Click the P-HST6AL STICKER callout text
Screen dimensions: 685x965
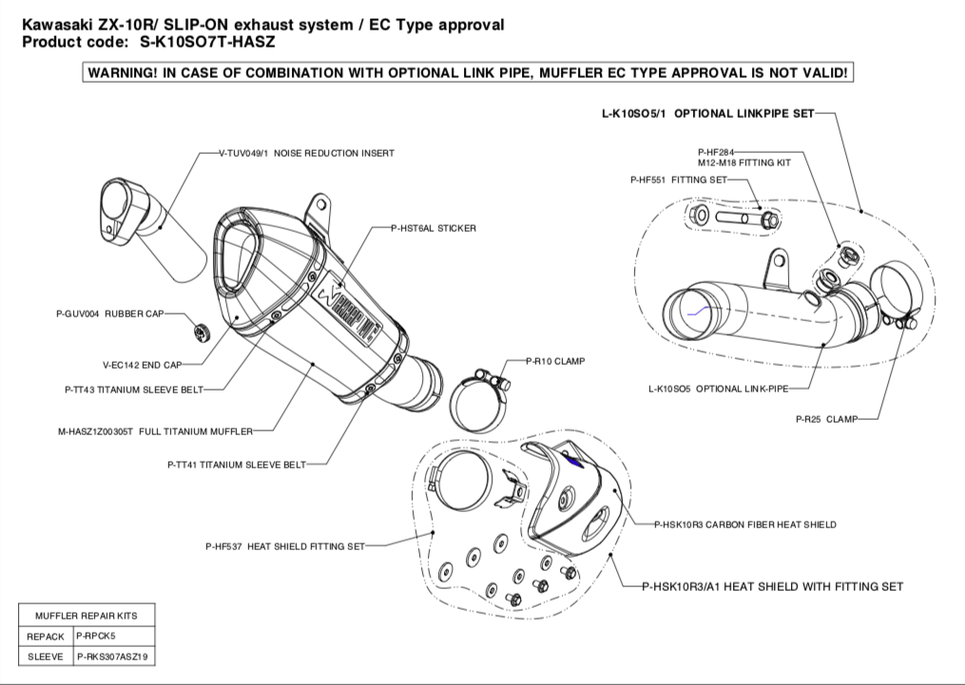click(x=434, y=228)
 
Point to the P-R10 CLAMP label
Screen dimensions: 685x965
click(x=556, y=362)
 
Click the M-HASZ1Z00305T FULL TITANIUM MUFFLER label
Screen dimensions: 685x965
click(x=155, y=431)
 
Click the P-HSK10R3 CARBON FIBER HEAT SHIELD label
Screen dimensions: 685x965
click(x=745, y=524)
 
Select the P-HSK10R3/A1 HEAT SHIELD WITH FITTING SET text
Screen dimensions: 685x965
click(x=772, y=587)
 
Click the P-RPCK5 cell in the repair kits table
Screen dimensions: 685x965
click(x=96, y=636)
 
